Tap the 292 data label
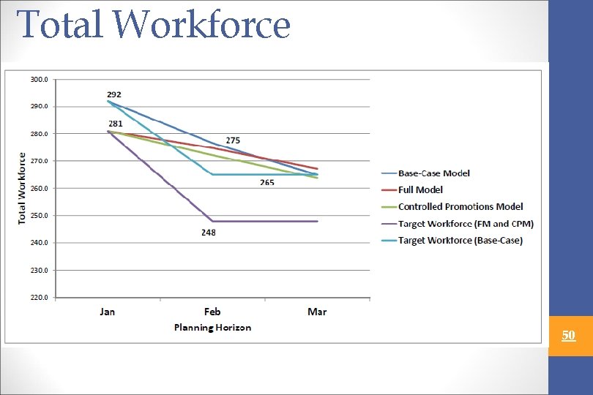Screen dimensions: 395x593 [x=113, y=94]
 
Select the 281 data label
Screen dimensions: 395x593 [x=116, y=124]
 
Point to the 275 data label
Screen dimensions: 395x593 [x=233, y=140]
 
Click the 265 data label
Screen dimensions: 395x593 [x=267, y=182]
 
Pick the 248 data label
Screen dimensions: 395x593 [x=209, y=232]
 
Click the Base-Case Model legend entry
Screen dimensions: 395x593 [x=434, y=173]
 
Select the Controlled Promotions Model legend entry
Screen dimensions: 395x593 [x=460, y=207]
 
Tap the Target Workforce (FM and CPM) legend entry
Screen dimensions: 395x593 [x=466, y=224]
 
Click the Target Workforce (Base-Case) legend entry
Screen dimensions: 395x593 [x=460, y=241]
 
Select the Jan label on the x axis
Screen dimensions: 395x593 [x=107, y=312]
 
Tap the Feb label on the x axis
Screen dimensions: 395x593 [x=212, y=312]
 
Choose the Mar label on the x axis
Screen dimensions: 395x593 [x=317, y=312]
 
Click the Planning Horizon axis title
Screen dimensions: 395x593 [x=212, y=327]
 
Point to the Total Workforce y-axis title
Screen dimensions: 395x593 [x=23, y=188]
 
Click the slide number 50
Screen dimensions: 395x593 [x=569, y=336]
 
